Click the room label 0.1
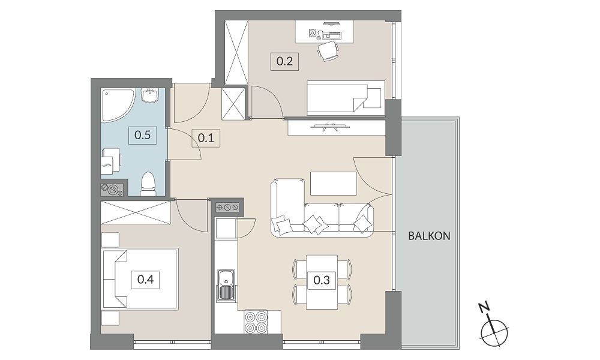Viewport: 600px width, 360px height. click(x=206, y=137)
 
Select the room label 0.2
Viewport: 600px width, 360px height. click(x=284, y=61)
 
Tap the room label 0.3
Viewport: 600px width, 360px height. click(x=322, y=280)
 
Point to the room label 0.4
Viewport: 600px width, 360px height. click(x=145, y=280)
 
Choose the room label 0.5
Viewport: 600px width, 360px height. click(x=142, y=135)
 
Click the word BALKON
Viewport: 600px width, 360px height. click(x=430, y=236)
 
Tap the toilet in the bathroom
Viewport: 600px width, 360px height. click(x=148, y=184)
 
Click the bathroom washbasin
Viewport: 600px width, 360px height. click(x=149, y=95)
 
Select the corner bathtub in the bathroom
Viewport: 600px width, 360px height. click(x=118, y=106)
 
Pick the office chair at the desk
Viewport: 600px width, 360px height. click(x=328, y=51)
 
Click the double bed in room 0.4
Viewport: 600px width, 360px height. click(x=140, y=279)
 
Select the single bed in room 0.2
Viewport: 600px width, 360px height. click(x=346, y=98)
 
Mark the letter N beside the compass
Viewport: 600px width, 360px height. click(x=484, y=307)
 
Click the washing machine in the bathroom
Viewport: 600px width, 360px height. click(x=112, y=163)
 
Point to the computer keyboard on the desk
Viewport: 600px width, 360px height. click(x=331, y=37)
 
